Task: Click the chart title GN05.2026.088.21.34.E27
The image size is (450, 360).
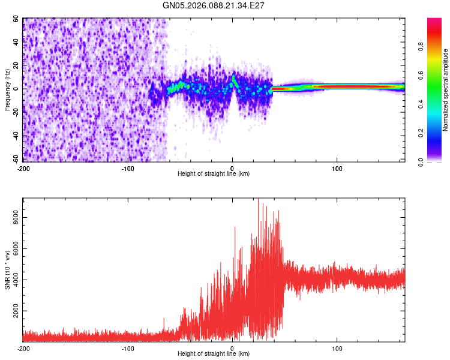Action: (x=214, y=5)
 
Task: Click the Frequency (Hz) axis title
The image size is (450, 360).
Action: (x=7, y=90)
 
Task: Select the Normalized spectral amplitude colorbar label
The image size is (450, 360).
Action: (x=445, y=90)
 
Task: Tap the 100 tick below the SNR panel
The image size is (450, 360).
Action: (x=337, y=348)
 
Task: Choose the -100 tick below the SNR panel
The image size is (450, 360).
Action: (x=128, y=348)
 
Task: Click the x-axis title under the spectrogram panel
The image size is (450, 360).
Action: (x=214, y=174)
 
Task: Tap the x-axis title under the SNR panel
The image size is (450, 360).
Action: (x=214, y=354)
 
